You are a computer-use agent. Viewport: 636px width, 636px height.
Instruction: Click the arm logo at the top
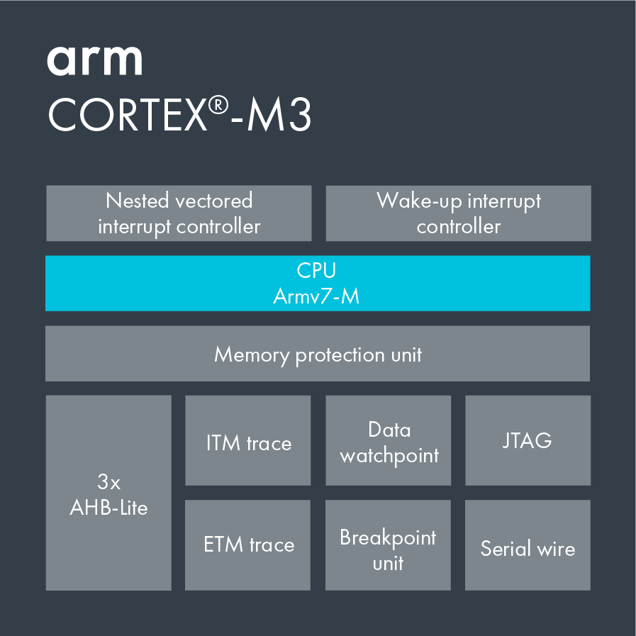click(x=94, y=60)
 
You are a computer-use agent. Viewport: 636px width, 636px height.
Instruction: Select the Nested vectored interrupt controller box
click(x=179, y=213)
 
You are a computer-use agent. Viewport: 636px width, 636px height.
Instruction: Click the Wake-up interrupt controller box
click(x=458, y=213)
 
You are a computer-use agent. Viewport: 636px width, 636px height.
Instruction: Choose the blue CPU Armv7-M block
click(x=317, y=283)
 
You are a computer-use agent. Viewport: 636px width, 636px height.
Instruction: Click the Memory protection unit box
click(x=317, y=354)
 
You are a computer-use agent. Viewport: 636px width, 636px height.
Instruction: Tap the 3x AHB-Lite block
click(x=108, y=493)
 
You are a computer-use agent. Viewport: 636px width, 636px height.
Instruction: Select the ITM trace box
click(x=248, y=440)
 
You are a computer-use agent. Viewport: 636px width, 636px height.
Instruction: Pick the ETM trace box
click(x=248, y=545)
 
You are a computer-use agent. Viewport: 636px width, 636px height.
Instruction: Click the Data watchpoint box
click(x=389, y=440)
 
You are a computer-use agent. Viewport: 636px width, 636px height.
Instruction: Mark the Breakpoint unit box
click(x=388, y=545)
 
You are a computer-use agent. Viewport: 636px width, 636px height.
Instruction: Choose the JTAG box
click(x=528, y=440)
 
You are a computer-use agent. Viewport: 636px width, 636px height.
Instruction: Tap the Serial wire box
click(x=528, y=545)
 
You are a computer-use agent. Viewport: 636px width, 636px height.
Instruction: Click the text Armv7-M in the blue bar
click(x=316, y=296)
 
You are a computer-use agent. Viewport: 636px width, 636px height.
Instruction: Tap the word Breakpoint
click(x=388, y=537)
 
